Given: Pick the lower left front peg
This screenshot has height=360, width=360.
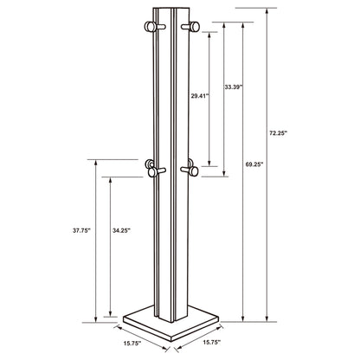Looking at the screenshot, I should coord(157,173).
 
